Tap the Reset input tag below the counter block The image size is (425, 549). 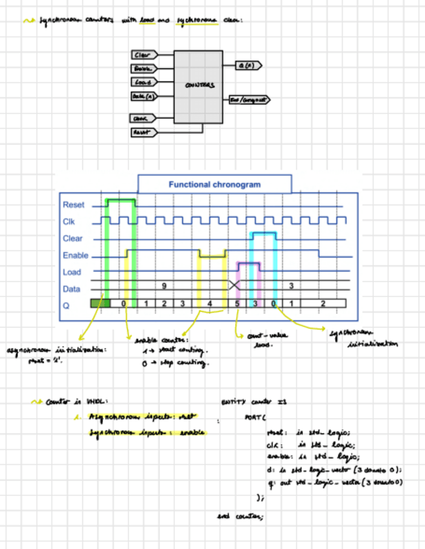142,132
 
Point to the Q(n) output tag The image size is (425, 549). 247,65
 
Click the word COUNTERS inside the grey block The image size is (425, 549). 200,85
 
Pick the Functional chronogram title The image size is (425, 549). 214,185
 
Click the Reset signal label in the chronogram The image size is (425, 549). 73,205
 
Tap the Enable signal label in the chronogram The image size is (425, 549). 75,256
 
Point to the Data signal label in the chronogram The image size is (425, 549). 71,289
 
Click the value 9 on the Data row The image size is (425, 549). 164,285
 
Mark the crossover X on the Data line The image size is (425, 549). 235,285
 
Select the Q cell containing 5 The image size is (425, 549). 237,303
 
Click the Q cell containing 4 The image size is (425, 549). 209,303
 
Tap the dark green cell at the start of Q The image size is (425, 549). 100,303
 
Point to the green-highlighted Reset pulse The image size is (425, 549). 121,201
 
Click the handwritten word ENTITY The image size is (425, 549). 231,402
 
